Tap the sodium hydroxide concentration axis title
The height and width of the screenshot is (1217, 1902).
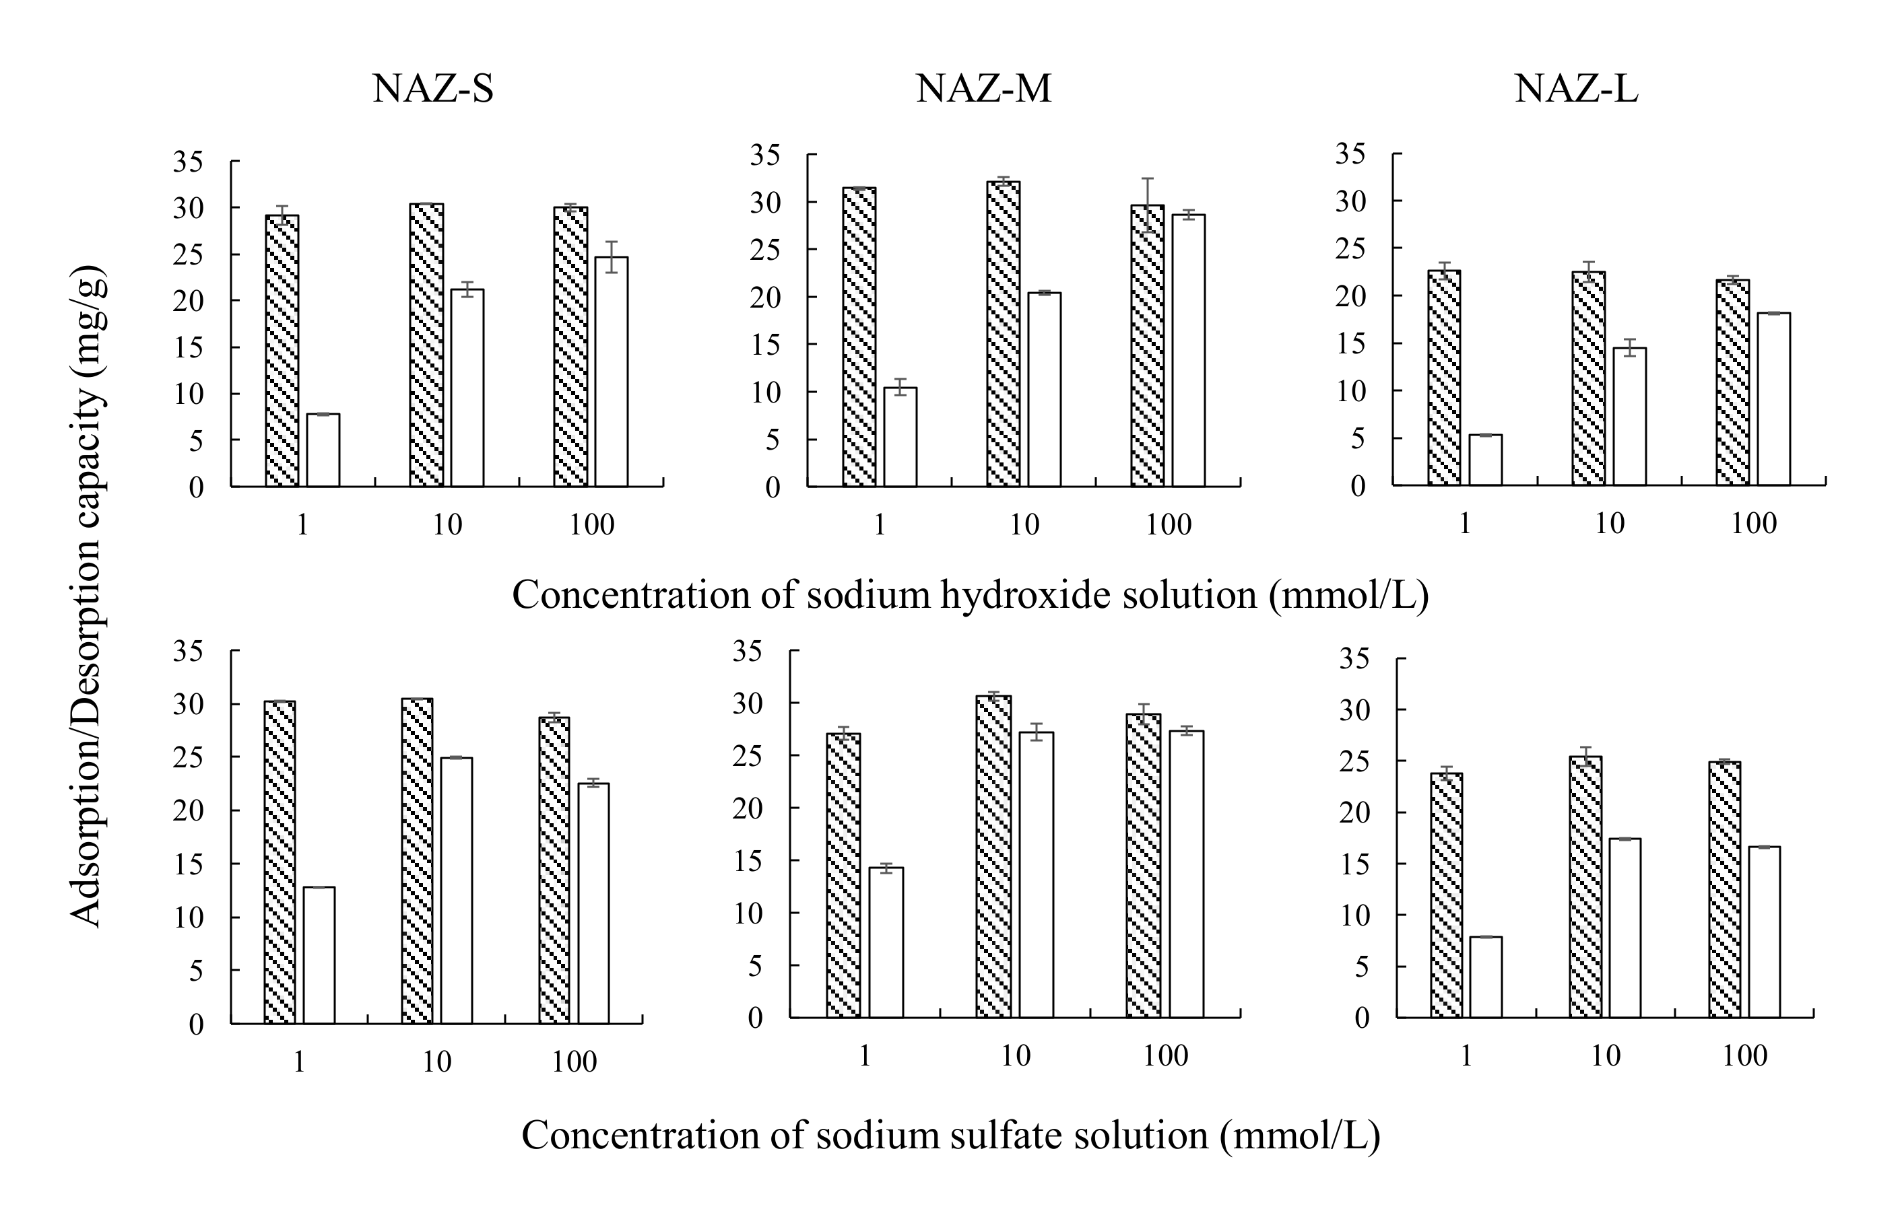click(x=970, y=595)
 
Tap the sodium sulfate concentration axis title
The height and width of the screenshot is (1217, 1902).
click(x=951, y=1136)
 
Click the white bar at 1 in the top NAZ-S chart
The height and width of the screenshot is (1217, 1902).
click(x=323, y=450)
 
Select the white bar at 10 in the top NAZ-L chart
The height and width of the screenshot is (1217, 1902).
click(x=1629, y=417)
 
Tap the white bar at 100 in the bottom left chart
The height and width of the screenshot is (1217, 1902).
click(x=593, y=903)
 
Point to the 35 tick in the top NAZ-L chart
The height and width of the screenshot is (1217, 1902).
click(x=1351, y=154)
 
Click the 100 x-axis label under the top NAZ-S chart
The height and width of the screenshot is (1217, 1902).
click(x=591, y=525)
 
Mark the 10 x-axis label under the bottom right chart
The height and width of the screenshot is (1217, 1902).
click(x=1605, y=1055)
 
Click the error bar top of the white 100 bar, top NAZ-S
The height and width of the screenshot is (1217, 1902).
click(x=611, y=242)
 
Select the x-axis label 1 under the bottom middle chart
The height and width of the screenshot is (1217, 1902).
click(x=864, y=1055)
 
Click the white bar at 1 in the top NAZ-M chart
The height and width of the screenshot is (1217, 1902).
click(x=900, y=437)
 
